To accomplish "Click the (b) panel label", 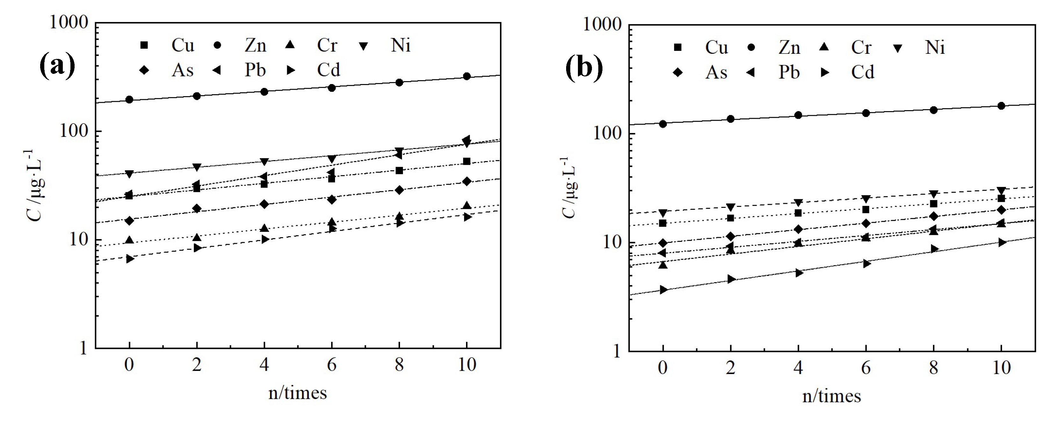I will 584,67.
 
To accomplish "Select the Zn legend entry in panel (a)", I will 255,45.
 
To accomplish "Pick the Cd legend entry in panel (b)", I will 863,73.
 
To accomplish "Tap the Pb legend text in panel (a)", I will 255,70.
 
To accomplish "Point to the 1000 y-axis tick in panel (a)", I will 69,22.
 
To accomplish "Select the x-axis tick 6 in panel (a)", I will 332,365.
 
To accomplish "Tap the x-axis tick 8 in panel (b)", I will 933,368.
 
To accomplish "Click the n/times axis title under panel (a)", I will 297,393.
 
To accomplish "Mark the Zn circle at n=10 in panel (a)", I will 467,76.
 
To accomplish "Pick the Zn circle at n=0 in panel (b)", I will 663,124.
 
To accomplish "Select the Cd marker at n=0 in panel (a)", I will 130,259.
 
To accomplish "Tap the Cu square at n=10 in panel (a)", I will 467,162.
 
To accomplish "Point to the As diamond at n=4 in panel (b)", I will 798,229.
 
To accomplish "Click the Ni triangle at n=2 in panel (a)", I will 197,167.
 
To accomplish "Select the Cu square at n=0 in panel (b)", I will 663,223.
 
